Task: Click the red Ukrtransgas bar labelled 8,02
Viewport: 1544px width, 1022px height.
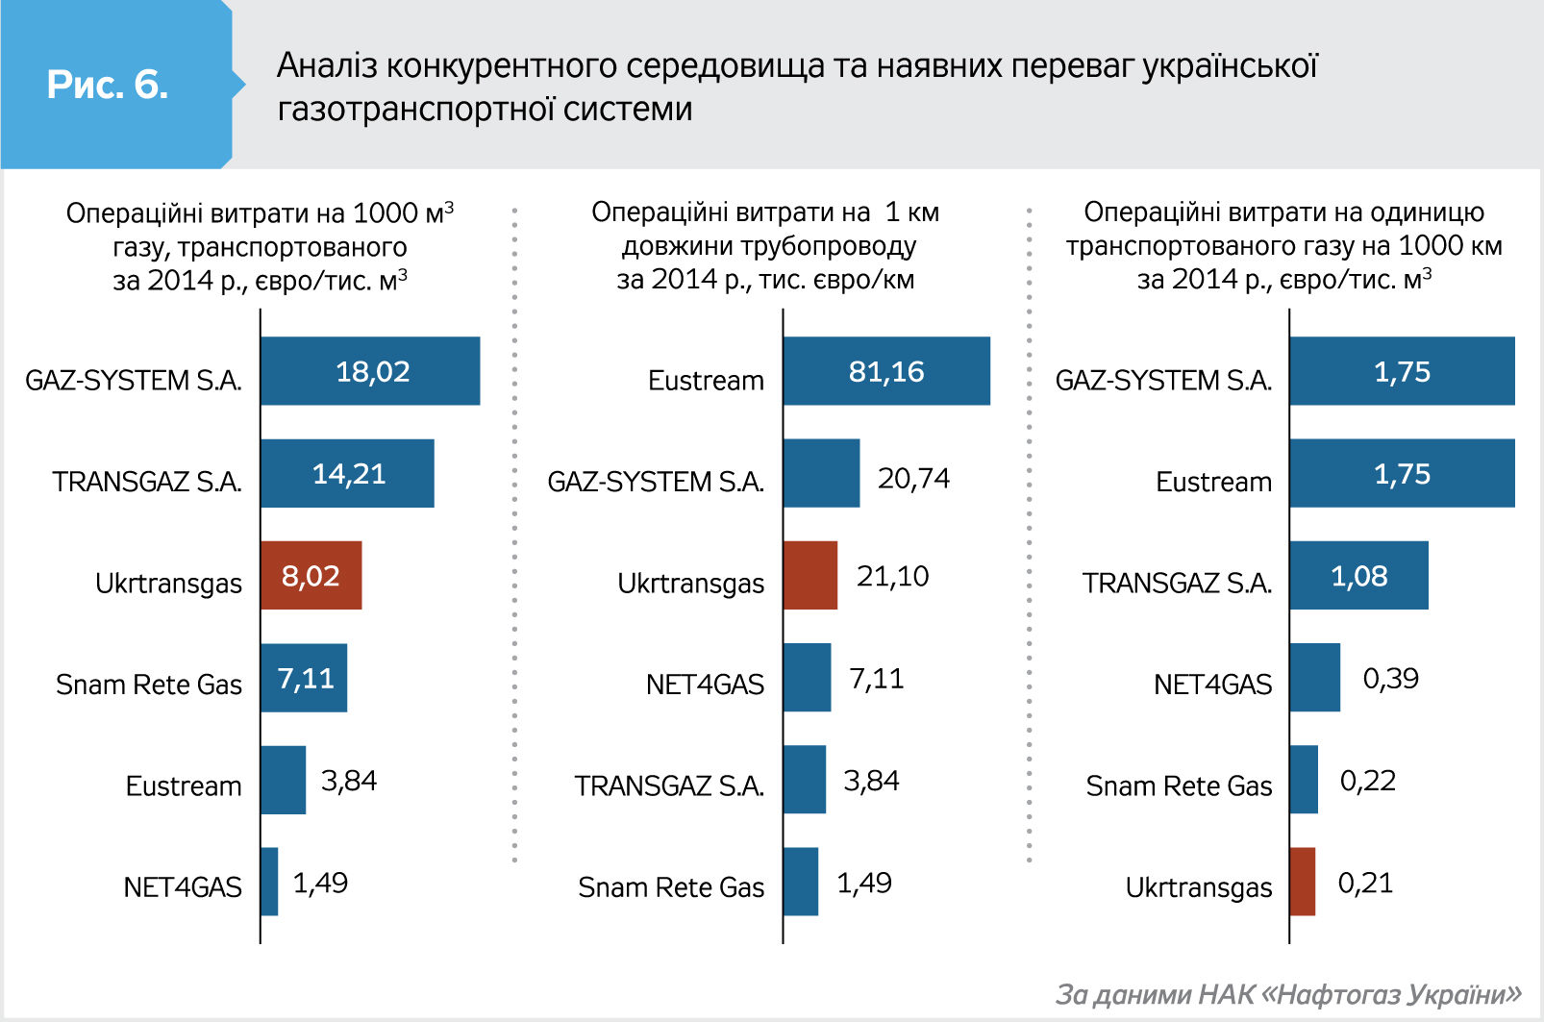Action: (x=311, y=575)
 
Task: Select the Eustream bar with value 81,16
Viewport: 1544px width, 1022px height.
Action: (x=885, y=371)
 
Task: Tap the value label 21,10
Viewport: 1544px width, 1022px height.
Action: (x=892, y=576)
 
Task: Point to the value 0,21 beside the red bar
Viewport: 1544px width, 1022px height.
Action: (x=1365, y=883)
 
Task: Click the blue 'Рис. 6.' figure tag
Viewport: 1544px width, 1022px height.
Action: (x=109, y=85)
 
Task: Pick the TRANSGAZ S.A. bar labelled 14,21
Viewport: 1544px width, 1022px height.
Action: (x=347, y=473)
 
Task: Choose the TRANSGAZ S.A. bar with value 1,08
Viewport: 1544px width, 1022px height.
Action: (x=1357, y=575)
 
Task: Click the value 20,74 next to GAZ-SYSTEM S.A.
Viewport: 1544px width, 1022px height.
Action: (x=913, y=478)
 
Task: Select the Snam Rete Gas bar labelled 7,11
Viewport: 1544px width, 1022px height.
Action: (x=304, y=678)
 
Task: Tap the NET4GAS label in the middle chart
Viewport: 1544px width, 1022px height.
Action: (x=705, y=685)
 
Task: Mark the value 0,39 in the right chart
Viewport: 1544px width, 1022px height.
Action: (x=1390, y=678)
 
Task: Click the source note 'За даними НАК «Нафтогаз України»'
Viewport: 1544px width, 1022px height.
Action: (x=1288, y=994)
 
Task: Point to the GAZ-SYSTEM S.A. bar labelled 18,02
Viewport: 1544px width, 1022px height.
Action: (x=370, y=371)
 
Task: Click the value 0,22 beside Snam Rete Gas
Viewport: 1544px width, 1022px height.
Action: (x=1367, y=781)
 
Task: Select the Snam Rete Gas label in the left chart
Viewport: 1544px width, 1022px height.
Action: (x=149, y=685)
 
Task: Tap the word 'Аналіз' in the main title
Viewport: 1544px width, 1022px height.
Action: (x=327, y=65)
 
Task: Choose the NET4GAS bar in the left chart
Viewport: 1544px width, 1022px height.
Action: (x=269, y=882)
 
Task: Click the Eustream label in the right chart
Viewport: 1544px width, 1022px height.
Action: (x=1213, y=482)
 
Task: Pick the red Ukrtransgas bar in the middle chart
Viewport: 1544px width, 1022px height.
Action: (x=809, y=575)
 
